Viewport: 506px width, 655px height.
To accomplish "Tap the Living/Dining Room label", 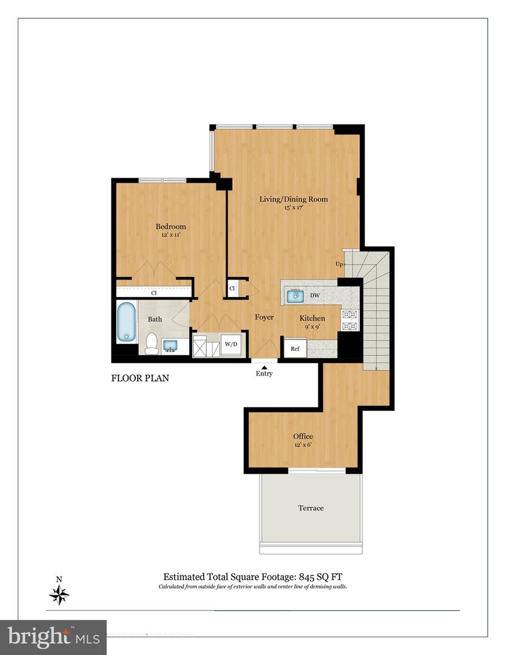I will point(294,199).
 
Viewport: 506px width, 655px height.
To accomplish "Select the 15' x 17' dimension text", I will point(294,208).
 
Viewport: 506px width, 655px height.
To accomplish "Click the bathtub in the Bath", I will point(126,321).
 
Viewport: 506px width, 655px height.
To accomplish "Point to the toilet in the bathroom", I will point(151,344).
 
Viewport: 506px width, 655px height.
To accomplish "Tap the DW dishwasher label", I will point(315,295).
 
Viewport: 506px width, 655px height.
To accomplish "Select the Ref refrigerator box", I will point(295,349).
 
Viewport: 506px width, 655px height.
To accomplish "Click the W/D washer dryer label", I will point(231,344).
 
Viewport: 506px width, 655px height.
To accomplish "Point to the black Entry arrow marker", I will point(264,366).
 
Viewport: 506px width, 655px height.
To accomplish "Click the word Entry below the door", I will point(264,374).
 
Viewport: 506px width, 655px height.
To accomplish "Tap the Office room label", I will point(303,436).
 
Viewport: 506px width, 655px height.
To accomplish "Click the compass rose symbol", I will point(59,594).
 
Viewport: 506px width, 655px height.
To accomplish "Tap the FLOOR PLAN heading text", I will point(140,378).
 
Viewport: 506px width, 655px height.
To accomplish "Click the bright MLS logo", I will point(53,637).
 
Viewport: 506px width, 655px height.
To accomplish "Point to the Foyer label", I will point(264,317).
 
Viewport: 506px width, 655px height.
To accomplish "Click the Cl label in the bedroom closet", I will point(153,293).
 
